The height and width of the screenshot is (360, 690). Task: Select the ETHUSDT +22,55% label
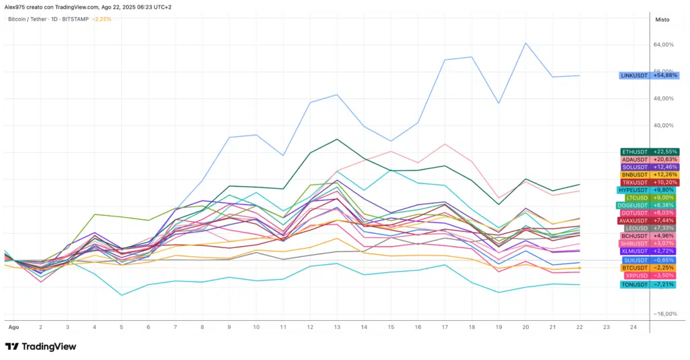point(650,152)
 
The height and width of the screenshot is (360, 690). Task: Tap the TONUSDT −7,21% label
point(649,284)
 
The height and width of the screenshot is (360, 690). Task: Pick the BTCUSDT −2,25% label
point(649,268)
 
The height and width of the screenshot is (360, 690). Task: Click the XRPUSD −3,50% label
point(649,276)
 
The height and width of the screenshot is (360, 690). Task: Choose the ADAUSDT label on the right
point(650,159)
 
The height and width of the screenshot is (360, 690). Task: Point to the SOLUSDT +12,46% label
point(650,167)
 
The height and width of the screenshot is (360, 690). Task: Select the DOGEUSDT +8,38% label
point(650,205)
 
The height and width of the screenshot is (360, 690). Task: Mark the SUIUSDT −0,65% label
point(649,260)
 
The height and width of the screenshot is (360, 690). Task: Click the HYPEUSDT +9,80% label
point(648,190)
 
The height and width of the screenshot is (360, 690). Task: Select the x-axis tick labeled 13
point(337,326)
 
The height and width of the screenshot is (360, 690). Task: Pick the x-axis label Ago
point(13,326)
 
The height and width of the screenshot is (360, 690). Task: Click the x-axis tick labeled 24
point(633,326)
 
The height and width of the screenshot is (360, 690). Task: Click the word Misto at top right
point(662,20)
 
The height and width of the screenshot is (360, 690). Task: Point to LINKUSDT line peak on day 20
point(526,43)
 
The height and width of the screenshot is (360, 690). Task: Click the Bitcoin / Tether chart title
point(33,19)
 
